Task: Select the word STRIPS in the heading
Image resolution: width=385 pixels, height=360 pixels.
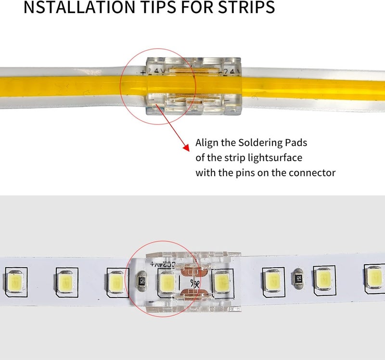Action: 244,8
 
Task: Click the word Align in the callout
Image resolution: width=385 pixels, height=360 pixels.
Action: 207,143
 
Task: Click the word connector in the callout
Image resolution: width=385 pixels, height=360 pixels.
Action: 313,173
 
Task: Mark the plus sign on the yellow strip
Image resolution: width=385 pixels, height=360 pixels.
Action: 143,73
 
